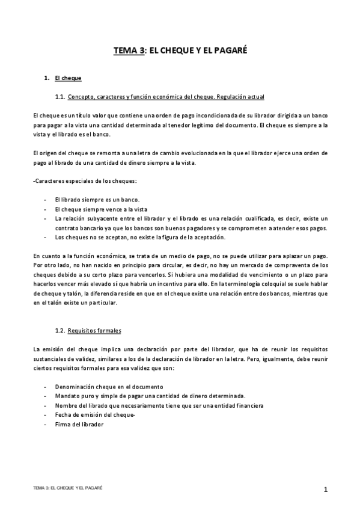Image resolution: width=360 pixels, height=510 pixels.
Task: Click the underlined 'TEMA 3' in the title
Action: (129, 52)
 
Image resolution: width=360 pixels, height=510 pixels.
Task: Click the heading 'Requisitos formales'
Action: (94, 330)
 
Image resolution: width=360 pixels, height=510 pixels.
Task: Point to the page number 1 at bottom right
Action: (325, 490)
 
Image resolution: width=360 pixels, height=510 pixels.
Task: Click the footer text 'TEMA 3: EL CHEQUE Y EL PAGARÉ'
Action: (68, 487)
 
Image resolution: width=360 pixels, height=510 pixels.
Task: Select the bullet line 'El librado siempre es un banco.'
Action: (97, 199)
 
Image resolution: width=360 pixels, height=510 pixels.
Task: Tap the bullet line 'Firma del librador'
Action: (79, 424)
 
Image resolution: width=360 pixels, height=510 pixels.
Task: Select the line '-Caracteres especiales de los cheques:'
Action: (85, 181)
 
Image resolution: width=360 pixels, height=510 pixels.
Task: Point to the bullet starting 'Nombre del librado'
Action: (159, 405)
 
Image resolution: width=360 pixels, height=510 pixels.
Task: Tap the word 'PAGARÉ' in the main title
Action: (229, 52)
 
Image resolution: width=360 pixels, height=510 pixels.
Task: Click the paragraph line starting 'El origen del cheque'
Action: (180, 153)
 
